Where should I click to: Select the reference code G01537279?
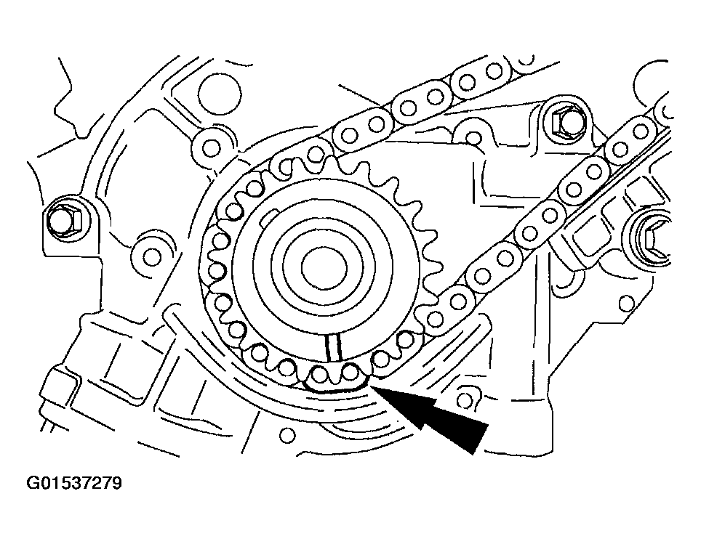point(74,483)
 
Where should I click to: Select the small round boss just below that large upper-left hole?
point(211,148)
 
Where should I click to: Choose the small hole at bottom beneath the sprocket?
point(287,435)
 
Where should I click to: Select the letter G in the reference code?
point(34,483)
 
